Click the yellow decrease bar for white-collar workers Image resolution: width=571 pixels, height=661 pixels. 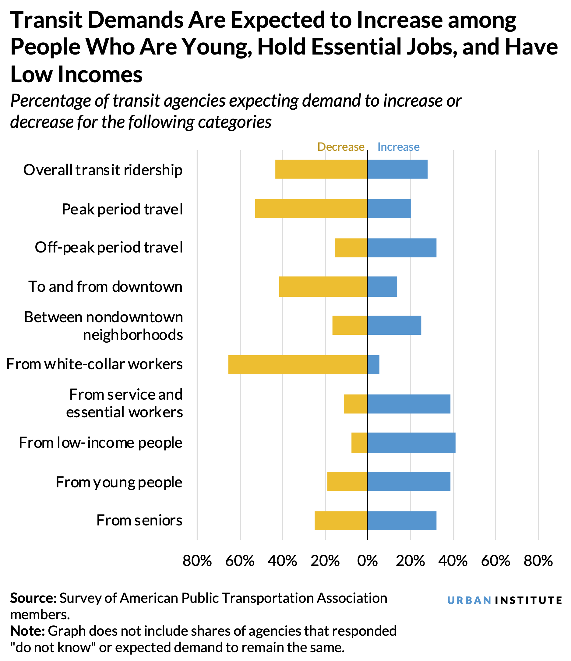point(297,364)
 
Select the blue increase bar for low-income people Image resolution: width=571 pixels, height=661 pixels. point(411,443)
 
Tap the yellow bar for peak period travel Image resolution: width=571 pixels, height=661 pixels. point(311,208)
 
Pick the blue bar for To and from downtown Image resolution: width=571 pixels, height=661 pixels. point(382,286)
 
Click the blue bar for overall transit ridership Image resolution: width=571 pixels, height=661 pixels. point(397,169)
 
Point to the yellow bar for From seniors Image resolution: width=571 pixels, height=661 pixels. point(341,521)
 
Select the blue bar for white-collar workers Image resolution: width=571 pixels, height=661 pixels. point(373,364)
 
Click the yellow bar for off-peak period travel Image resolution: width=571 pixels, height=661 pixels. point(351,248)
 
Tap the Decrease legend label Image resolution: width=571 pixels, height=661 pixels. point(341,147)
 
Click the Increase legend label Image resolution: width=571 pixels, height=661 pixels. point(398,147)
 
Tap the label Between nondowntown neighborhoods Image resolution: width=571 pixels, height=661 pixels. point(103,326)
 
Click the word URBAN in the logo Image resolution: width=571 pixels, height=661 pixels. point(469,600)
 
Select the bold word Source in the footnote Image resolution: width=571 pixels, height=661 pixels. point(31,598)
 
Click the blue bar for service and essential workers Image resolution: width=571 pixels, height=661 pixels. point(409,404)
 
